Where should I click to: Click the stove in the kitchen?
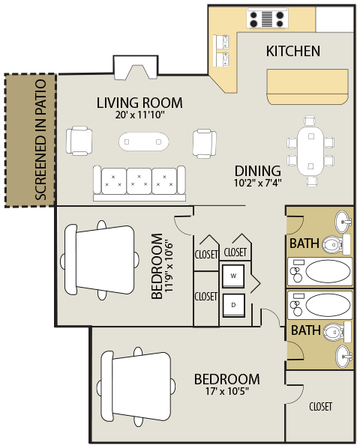pyautogui.click(x=267, y=18)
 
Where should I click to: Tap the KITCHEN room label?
pyautogui.click(x=293, y=51)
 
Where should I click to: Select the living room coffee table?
pyautogui.click(x=143, y=142)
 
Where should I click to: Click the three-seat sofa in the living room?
pyautogui.click(x=139, y=183)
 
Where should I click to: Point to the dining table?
pyautogui.click(x=310, y=151)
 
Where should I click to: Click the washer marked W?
pyautogui.click(x=233, y=276)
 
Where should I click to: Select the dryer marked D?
pyautogui.click(x=233, y=306)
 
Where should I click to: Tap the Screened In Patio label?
pyautogui.click(x=40, y=139)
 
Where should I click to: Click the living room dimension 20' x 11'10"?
pyautogui.click(x=140, y=115)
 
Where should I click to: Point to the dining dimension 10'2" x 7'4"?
pyautogui.click(x=258, y=183)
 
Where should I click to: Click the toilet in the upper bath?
pyautogui.click(x=336, y=244)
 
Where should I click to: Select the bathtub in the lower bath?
pyautogui.click(x=319, y=305)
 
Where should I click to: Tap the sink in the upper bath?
pyautogui.click(x=343, y=222)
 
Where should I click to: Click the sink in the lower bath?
pyautogui.click(x=344, y=357)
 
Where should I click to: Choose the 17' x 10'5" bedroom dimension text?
pyautogui.click(x=227, y=391)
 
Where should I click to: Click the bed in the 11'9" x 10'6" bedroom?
pyautogui.click(x=100, y=260)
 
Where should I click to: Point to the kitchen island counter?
pyautogui.click(x=307, y=87)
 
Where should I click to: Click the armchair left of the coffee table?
pyautogui.click(x=79, y=141)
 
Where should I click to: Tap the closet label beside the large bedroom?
pyautogui.click(x=320, y=406)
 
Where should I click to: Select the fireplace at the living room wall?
pyautogui.click(x=136, y=67)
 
